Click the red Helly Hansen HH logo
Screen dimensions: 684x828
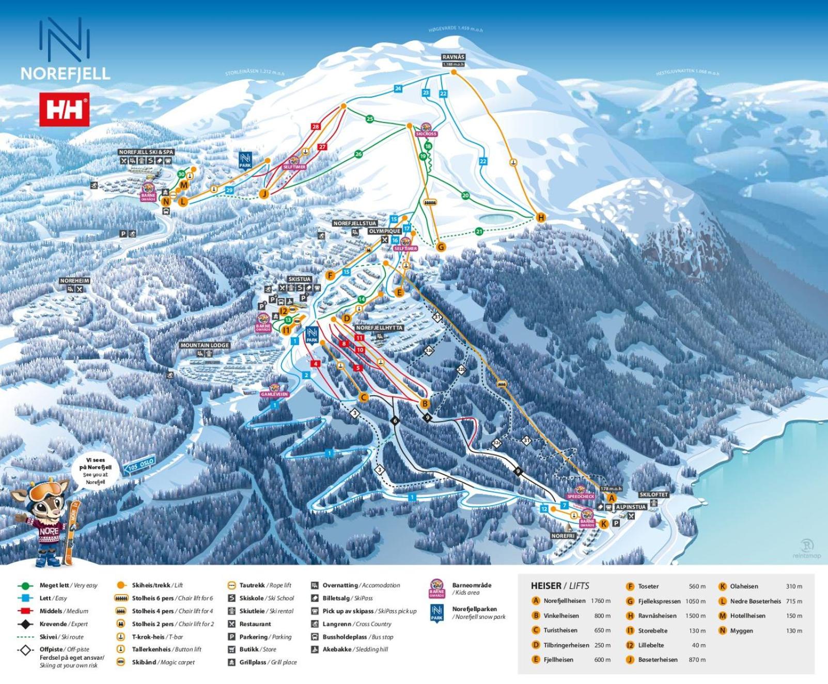pos(64,109)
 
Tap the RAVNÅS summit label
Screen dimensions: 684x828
pos(453,57)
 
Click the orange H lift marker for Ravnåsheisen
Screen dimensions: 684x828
pos(541,217)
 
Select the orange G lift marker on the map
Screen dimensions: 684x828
pos(441,247)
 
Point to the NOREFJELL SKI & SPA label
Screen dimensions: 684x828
pos(146,152)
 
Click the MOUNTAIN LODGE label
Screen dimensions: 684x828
pos(205,345)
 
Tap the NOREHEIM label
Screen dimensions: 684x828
pos(74,281)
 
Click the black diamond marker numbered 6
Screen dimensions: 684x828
pos(395,421)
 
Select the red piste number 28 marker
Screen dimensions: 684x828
pos(316,127)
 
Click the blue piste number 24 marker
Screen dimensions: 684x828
pos(398,88)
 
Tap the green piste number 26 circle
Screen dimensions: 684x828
pos(358,154)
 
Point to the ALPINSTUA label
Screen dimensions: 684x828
pos(630,507)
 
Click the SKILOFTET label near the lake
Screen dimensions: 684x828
pos(653,494)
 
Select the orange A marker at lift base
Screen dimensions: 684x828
pos(612,498)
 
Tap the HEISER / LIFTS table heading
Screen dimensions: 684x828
pos(559,586)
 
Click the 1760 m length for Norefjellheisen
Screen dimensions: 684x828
pos(600,601)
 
